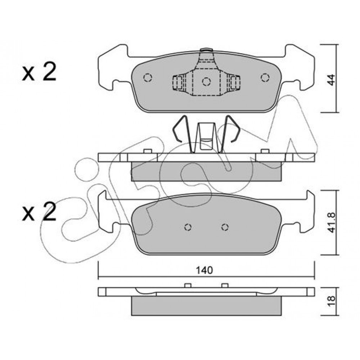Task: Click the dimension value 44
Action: [x=331, y=80]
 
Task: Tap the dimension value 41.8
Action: [x=331, y=223]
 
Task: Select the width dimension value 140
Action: [x=204, y=270]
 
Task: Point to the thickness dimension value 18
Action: [x=331, y=301]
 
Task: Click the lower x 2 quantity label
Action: [x=39, y=211]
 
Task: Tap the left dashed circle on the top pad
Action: [x=148, y=77]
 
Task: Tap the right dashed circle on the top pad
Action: [x=265, y=77]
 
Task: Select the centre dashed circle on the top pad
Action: [x=206, y=81]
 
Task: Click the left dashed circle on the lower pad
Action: [x=188, y=227]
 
